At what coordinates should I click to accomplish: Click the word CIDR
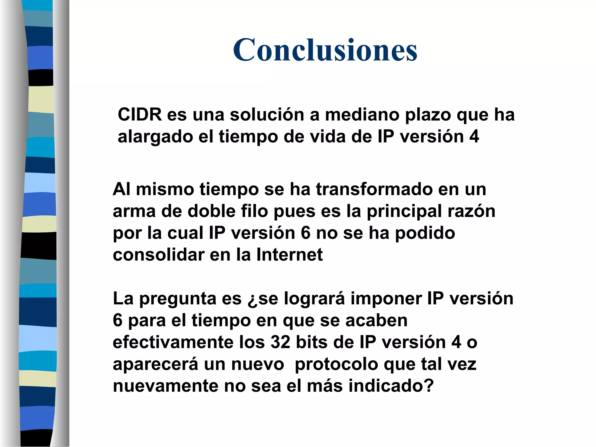pyautogui.click(x=140, y=114)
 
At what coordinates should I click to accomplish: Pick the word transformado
pyautogui.click(x=374, y=189)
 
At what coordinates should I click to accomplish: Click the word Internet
pyautogui.click(x=289, y=255)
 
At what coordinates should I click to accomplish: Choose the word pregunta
pyautogui.click(x=178, y=299)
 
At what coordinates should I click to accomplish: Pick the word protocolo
pyautogui.click(x=336, y=365)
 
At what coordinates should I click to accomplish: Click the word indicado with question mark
pyautogui.click(x=391, y=386)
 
